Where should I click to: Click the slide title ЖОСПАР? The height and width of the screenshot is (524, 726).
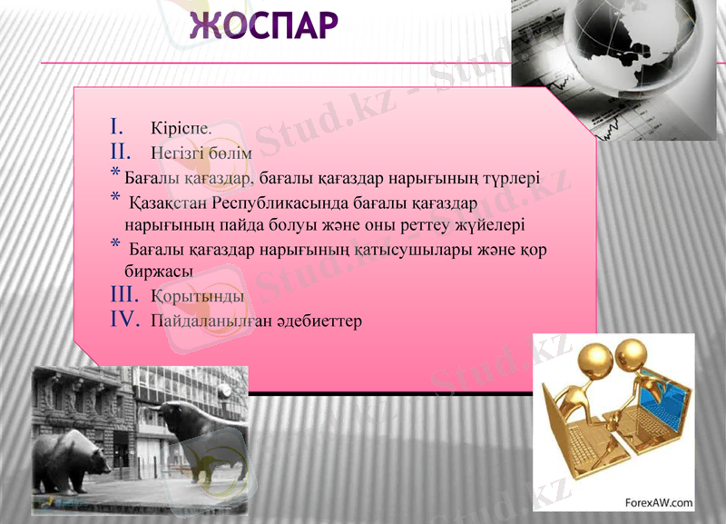click(264, 25)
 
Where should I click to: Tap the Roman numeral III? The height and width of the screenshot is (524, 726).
click(124, 295)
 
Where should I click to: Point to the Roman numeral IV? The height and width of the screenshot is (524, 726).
click(123, 320)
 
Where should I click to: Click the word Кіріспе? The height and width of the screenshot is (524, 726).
click(181, 128)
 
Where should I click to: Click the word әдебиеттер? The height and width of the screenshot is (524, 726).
click(317, 321)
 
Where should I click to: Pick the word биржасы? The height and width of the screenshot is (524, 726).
click(158, 272)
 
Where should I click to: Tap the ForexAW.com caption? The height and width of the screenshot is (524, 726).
click(659, 501)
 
